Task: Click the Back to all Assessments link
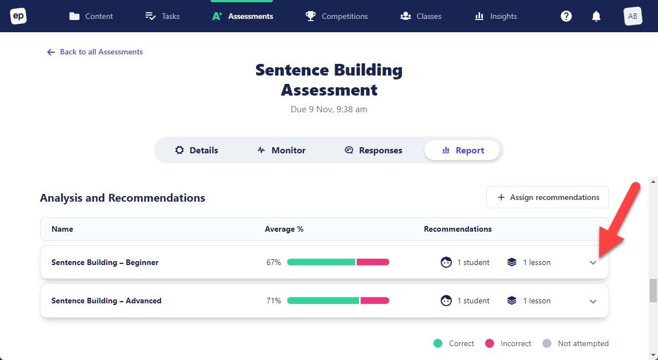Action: (95, 52)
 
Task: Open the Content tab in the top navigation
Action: (91, 16)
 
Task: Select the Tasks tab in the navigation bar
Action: (162, 16)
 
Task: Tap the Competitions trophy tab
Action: (337, 16)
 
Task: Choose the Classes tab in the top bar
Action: (421, 16)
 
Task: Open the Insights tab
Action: (496, 16)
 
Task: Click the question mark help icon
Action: (566, 16)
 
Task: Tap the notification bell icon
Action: (596, 16)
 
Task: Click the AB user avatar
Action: (632, 16)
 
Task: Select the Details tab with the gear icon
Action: (197, 150)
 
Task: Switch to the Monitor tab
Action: (281, 150)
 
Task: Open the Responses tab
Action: (373, 150)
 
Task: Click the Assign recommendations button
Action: (547, 197)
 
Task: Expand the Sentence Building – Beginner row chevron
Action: (593, 263)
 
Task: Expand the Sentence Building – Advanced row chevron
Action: (593, 301)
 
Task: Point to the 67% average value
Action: (273, 262)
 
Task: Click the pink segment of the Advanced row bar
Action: (375, 301)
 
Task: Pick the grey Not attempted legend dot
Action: (547, 343)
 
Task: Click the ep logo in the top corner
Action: (18, 16)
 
